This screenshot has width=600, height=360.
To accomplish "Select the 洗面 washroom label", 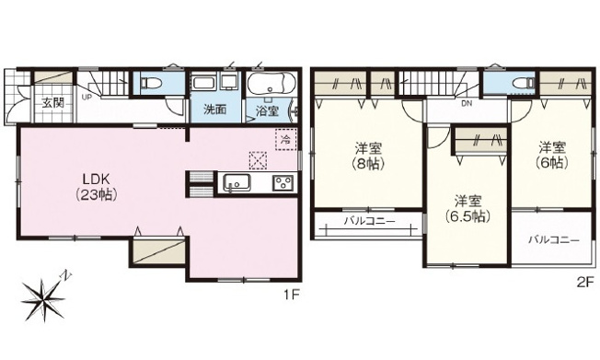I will (214, 109).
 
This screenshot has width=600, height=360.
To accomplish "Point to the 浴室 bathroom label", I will (268, 109).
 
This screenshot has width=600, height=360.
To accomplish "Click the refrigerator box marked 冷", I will (285, 140).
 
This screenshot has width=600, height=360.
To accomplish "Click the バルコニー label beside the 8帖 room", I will (368, 221).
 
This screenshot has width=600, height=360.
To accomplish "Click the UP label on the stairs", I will (87, 95).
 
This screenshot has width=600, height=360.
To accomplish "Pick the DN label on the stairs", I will (467, 104).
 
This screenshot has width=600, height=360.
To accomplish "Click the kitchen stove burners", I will (282, 182).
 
